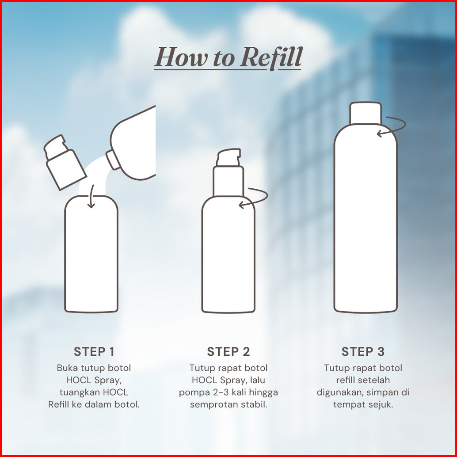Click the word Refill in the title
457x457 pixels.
click(x=271, y=57)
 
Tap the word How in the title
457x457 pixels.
click(x=181, y=57)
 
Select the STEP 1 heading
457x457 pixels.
click(x=94, y=351)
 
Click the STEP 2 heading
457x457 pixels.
click(x=228, y=351)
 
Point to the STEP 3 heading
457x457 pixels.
click(x=363, y=351)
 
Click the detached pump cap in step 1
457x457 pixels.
click(x=65, y=162)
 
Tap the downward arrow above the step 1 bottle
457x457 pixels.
click(x=91, y=196)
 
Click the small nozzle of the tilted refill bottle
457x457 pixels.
click(x=113, y=160)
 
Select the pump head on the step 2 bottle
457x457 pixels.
click(x=228, y=157)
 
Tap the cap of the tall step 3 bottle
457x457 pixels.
click(x=366, y=113)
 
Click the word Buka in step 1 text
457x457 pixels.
click(x=67, y=368)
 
